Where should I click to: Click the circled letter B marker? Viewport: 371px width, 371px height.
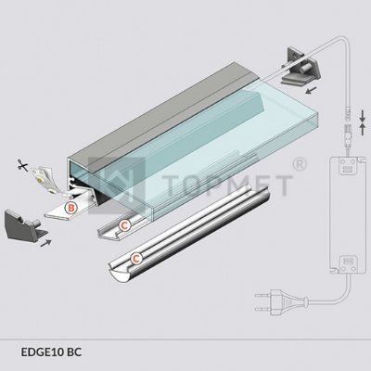pyautogui.click(x=71, y=208)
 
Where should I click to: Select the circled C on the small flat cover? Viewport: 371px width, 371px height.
pyautogui.click(x=124, y=225)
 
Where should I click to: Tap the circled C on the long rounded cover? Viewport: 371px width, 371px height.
pyautogui.click(x=136, y=258)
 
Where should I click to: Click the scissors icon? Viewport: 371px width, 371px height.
pyautogui.click(x=22, y=166)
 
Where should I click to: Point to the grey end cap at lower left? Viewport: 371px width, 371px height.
pyautogui.click(x=26, y=224)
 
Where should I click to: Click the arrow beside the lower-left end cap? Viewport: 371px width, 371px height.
pyautogui.click(x=45, y=243)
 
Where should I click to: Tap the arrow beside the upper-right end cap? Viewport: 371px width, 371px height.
pyautogui.click(x=311, y=90)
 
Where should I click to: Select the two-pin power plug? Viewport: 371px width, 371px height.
pyautogui.click(x=281, y=302)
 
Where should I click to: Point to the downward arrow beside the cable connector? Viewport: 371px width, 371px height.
pyautogui.click(x=363, y=115)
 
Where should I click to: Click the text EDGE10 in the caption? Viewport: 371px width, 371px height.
pyautogui.click(x=43, y=352)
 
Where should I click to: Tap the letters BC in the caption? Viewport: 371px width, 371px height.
pyautogui.click(x=74, y=352)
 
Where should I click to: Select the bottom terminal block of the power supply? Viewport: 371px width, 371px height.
pyautogui.click(x=346, y=263)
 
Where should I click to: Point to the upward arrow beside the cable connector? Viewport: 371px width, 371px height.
pyautogui.click(x=363, y=130)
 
